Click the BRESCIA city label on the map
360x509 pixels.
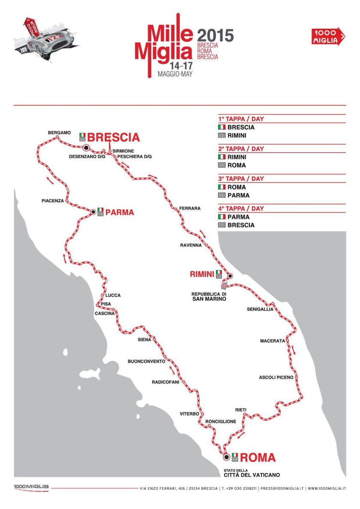point(114,137)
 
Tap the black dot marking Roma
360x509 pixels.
point(226,457)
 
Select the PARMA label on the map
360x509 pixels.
point(120,212)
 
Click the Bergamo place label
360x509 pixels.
point(59,133)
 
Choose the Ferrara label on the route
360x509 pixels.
point(190,208)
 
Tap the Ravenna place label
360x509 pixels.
point(191,245)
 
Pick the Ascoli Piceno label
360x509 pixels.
point(276,377)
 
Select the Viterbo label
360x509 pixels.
point(189,414)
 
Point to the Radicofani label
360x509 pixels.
point(165,382)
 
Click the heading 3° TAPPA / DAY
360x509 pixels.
point(241,179)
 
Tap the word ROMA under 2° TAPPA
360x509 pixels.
point(237,165)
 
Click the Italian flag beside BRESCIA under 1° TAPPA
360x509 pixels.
point(222,127)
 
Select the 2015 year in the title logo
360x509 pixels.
point(215,35)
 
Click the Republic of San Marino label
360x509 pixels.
point(209,296)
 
